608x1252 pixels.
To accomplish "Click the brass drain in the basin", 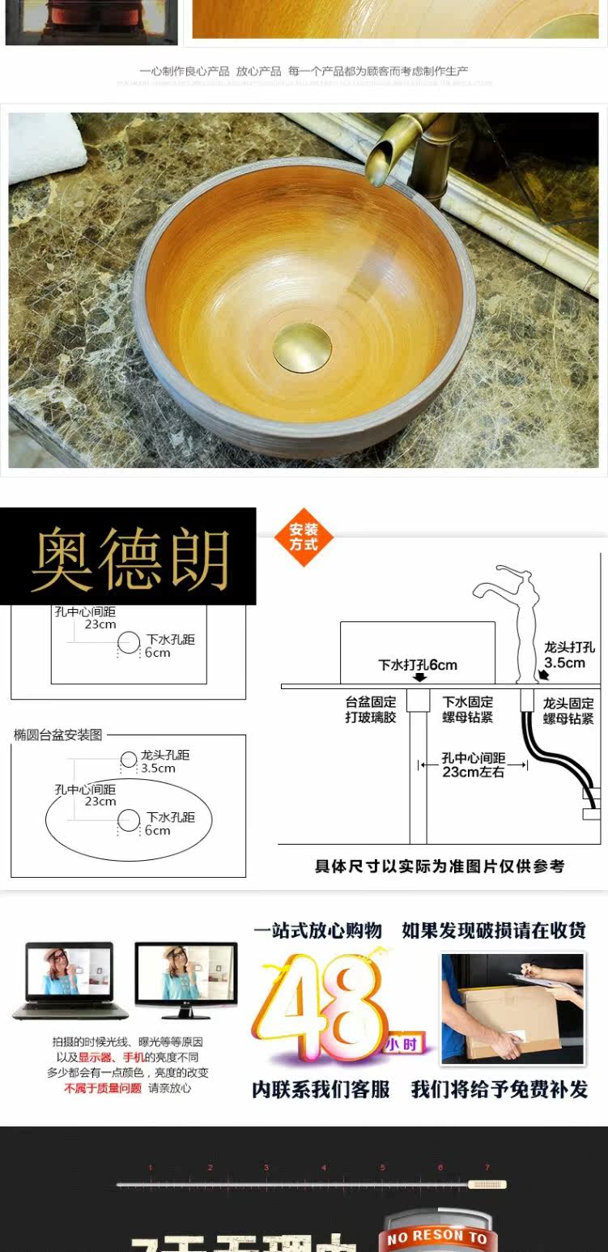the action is (x=302, y=347).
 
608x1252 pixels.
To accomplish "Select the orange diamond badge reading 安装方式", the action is (x=304, y=537).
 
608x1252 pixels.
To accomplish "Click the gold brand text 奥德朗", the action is (x=130, y=559).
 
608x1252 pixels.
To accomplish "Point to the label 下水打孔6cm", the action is (x=418, y=665).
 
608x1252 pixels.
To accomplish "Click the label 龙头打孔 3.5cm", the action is (x=568, y=655).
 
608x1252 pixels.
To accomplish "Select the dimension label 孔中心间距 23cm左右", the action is (x=473, y=765).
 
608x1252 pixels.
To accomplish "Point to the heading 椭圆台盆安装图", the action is (x=58, y=735).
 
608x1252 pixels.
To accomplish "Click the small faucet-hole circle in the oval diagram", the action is (x=129, y=760).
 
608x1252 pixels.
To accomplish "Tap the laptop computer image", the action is (x=70, y=980).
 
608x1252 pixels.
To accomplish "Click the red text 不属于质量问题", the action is (x=103, y=1088).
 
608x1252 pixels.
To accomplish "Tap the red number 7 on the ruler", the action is (x=487, y=1167).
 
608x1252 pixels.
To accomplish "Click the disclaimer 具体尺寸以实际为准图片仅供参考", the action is (x=440, y=866).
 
